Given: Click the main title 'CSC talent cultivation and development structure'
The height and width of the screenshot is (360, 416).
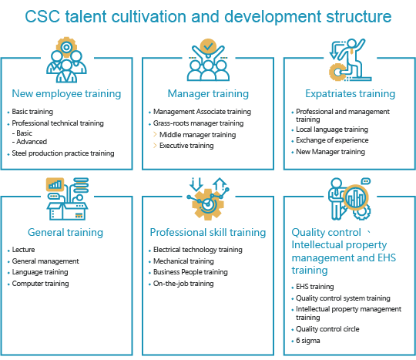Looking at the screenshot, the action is pyautogui.click(x=208, y=16).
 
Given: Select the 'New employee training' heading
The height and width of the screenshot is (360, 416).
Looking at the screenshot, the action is pyautogui.click(x=66, y=94).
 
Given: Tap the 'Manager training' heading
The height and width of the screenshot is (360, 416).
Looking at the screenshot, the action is pyautogui.click(x=208, y=94).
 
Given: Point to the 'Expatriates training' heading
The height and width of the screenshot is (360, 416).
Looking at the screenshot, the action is pyautogui.click(x=351, y=94).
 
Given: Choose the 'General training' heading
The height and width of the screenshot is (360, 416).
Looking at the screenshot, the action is pyautogui.click(x=65, y=232).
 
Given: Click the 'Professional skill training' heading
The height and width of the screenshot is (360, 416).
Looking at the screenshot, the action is pyautogui.click(x=208, y=232).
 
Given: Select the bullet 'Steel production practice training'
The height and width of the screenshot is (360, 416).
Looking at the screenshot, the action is pyautogui.click(x=63, y=153).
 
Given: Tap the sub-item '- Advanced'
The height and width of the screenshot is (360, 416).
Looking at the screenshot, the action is pyautogui.click(x=29, y=142).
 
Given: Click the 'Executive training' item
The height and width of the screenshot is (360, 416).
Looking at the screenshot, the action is pyautogui.click(x=186, y=146).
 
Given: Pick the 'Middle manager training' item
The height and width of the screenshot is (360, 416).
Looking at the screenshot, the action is pyautogui.click(x=198, y=135).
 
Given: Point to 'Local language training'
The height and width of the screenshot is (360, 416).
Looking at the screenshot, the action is pyautogui.click(x=332, y=130).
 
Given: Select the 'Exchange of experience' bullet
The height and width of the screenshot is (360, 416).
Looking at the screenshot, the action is pyautogui.click(x=332, y=140).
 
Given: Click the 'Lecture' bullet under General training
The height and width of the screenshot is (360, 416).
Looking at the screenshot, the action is pyautogui.click(x=23, y=250).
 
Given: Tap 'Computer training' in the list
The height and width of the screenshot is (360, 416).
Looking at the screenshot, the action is pyautogui.click(x=40, y=284).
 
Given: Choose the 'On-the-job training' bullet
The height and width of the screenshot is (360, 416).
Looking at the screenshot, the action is pyautogui.click(x=183, y=284).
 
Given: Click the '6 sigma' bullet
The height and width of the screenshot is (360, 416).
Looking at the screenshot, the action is pyautogui.click(x=307, y=341).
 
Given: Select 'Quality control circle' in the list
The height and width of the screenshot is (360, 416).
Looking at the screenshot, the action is pyautogui.click(x=327, y=329).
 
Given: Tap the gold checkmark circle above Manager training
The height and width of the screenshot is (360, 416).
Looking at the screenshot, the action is pyautogui.click(x=208, y=46).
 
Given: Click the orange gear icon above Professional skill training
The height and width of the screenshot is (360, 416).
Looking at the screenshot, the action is pyautogui.click(x=208, y=204).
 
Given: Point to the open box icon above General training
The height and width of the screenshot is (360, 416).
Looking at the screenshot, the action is pyautogui.click(x=67, y=210).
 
